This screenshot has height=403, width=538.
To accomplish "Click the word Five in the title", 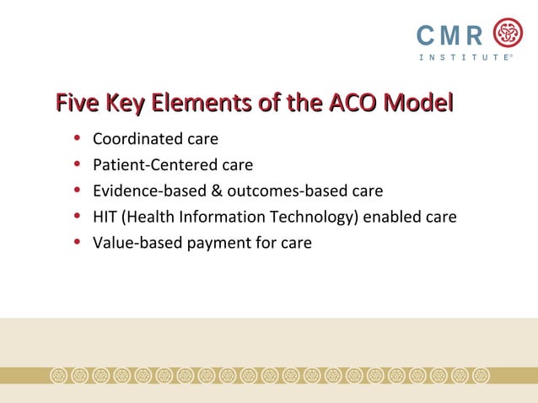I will pyautogui.click(x=77, y=105).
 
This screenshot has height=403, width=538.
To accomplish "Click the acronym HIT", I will pyautogui.click(x=105, y=217).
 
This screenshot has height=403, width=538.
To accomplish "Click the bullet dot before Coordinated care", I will pyautogui.click(x=78, y=137).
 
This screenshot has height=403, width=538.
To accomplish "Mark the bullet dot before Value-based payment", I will pyautogui.click(x=78, y=243).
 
